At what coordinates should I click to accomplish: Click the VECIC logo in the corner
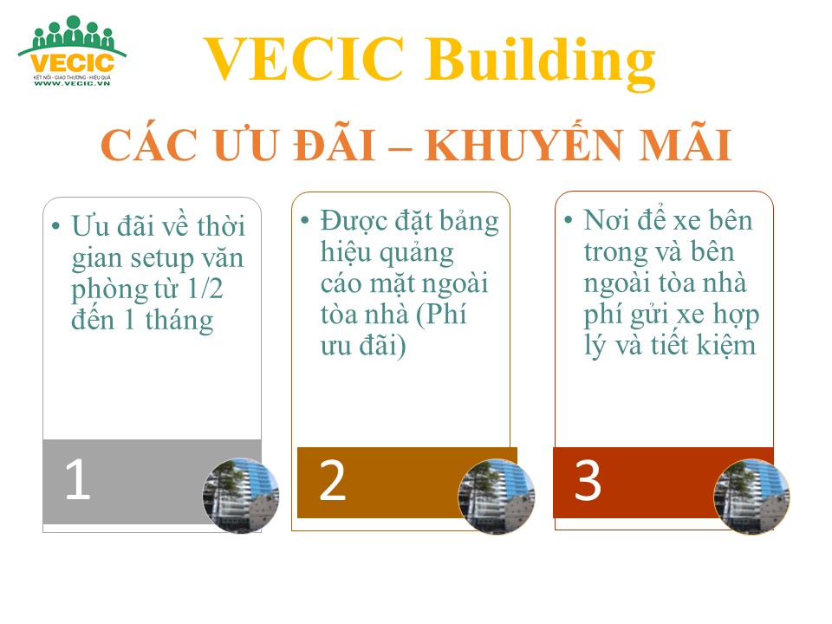[72, 51]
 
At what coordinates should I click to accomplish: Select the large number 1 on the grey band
[78, 479]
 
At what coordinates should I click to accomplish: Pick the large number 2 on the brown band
[333, 481]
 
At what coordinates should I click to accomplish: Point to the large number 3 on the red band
[588, 481]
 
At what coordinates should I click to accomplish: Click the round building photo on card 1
[241, 496]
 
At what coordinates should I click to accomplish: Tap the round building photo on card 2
[497, 496]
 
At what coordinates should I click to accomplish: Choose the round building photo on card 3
[752, 496]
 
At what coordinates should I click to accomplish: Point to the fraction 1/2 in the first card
[205, 289]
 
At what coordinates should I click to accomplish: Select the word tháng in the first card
[179, 321]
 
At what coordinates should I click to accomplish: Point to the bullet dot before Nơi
[569, 219]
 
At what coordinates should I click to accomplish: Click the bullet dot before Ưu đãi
[55, 226]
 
